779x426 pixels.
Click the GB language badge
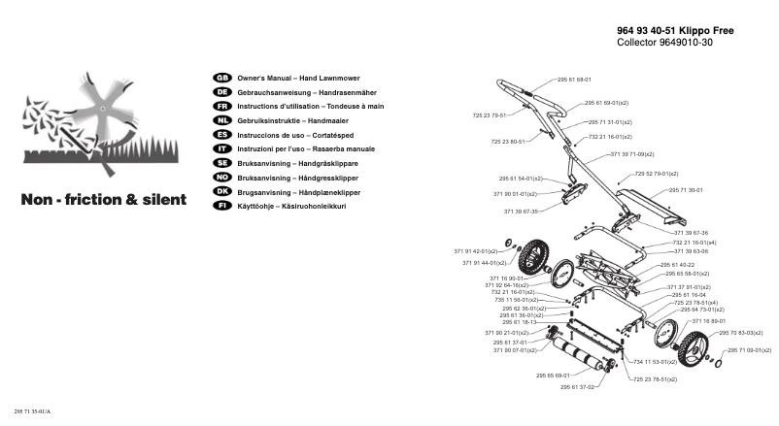coord(220,77)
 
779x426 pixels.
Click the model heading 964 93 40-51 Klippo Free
coord(675,31)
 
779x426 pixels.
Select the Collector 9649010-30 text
coord(664,44)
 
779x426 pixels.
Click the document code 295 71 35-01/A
coord(32,412)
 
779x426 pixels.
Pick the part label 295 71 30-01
coord(686,190)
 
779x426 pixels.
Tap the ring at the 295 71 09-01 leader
coord(717,361)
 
